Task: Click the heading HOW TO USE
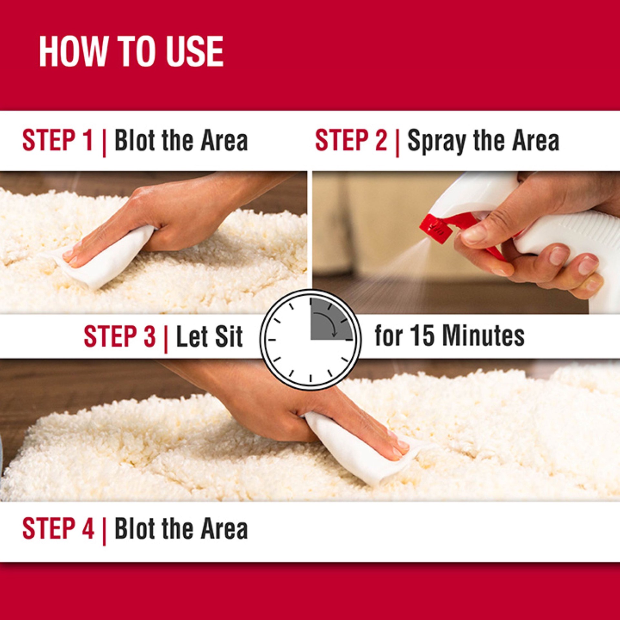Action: pyautogui.click(x=131, y=52)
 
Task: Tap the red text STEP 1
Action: pyautogui.click(x=57, y=140)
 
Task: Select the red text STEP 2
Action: pyautogui.click(x=351, y=140)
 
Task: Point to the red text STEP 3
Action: pyautogui.click(x=119, y=336)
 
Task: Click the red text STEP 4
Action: pyautogui.click(x=58, y=529)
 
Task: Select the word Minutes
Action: pyautogui.click(x=483, y=336)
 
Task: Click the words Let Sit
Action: pyautogui.click(x=209, y=336)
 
